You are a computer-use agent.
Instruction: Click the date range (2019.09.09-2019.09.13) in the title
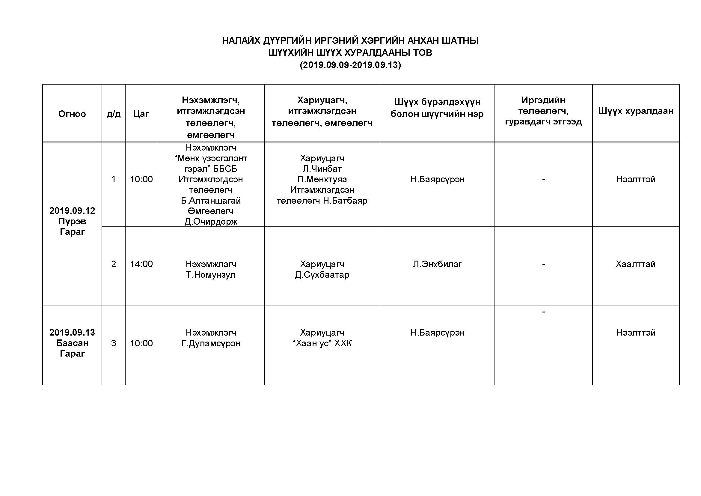[x=350, y=65]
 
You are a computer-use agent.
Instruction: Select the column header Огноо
[x=72, y=114]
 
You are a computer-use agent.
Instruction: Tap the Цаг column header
[x=141, y=114]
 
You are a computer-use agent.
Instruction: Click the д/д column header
[x=113, y=114]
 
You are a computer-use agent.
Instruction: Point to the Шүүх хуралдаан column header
[x=636, y=111]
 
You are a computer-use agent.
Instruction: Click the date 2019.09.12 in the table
[x=72, y=211]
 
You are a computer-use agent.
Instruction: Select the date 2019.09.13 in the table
[x=72, y=332]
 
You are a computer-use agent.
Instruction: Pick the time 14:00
[x=141, y=264]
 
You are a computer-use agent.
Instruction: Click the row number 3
[x=113, y=343]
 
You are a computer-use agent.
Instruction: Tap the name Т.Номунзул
[x=211, y=275]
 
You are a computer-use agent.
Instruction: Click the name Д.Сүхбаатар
[x=322, y=275]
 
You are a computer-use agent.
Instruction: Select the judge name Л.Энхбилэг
[x=437, y=264]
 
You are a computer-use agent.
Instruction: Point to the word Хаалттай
[x=636, y=264]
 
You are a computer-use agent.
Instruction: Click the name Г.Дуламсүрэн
[x=211, y=343]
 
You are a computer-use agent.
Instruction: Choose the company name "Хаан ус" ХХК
[x=322, y=343]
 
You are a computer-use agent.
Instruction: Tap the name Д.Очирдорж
[x=211, y=221]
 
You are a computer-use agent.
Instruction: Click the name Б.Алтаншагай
[x=211, y=200]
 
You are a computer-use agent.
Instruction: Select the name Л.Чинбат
[x=322, y=169]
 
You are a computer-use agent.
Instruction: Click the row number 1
[x=113, y=179]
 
